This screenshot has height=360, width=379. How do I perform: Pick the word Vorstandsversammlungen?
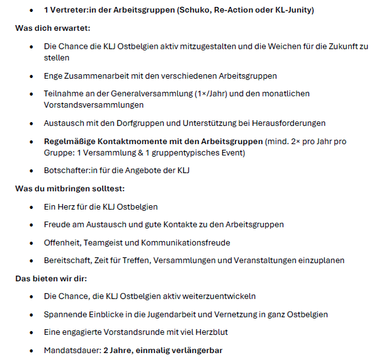click(x=85, y=105)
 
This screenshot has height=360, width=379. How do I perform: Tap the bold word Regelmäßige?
click(x=69, y=141)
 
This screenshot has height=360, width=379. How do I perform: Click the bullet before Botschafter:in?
click(x=33, y=170)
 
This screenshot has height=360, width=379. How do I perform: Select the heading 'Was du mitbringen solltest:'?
click(x=67, y=188)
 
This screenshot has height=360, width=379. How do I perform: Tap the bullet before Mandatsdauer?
click(x=33, y=350)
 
